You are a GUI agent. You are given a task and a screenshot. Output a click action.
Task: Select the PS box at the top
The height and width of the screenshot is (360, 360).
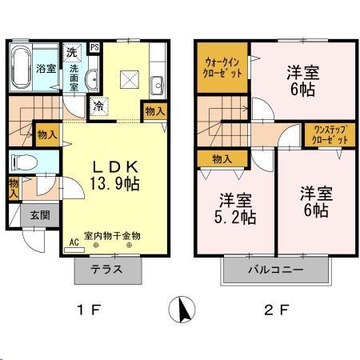(95, 47)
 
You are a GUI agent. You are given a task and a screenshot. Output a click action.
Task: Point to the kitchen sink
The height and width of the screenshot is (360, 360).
(157, 82)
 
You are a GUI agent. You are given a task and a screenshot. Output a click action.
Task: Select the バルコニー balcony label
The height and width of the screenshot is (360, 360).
(274, 270)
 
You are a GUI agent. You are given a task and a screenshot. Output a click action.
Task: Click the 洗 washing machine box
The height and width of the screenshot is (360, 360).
(73, 52)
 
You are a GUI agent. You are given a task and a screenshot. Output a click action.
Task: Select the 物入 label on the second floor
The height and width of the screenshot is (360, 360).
(222, 159)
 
